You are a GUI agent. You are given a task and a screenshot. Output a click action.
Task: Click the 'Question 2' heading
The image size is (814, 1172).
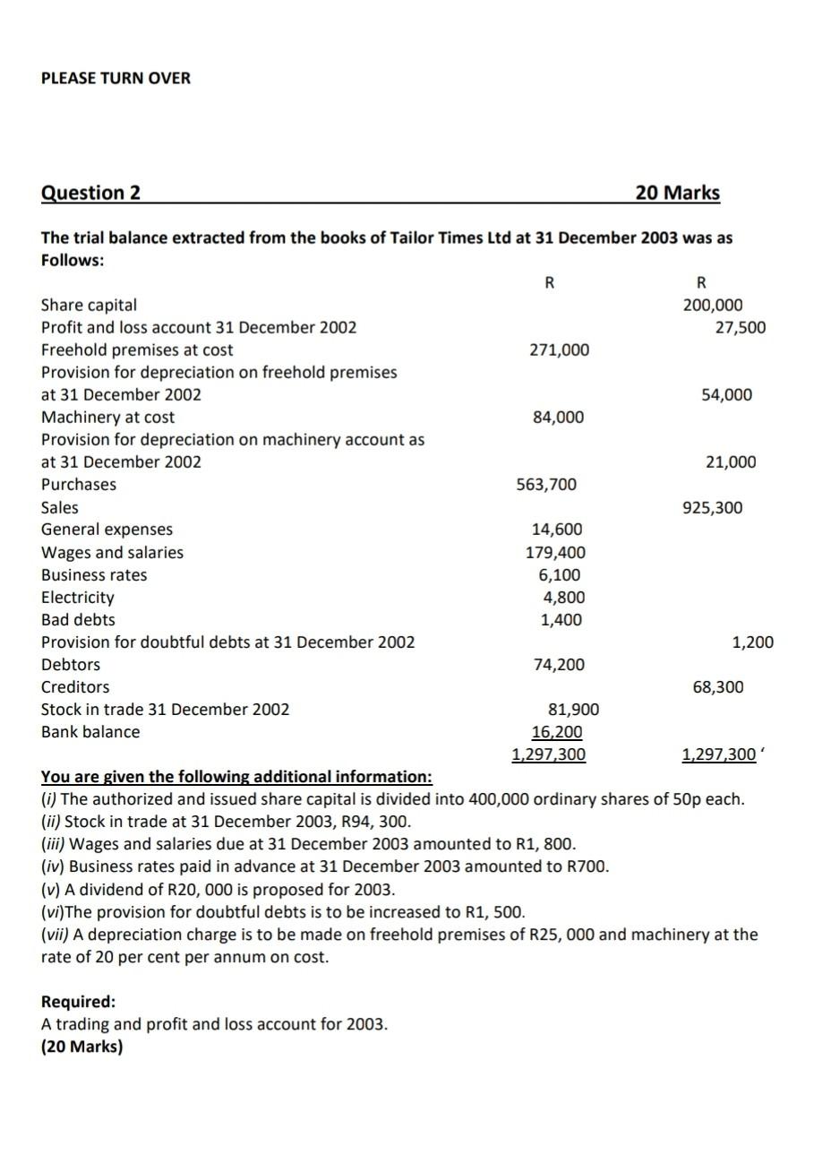pyautogui.click(x=90, y=193)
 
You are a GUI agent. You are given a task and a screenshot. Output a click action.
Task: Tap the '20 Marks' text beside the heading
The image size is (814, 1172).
pyautogui.click(x=677, y=193)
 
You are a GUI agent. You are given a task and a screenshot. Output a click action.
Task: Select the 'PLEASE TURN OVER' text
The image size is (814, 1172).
pyautogui.click(x=116, y=78)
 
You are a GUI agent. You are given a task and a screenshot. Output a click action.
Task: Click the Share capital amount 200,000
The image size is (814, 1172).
pyautogui.click(x=713, y=305)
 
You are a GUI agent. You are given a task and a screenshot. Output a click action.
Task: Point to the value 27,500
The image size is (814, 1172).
pyautogui.click(x=740, y=327)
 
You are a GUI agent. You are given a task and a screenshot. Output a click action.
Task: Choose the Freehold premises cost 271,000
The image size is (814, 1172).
pyautogui.click(x=560, y=349)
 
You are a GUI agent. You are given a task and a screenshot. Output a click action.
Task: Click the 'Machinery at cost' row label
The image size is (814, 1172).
pyautogui.click(x=108, y=418)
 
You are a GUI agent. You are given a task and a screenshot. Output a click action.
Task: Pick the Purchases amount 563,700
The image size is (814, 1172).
pyautogui.click(x=547, y=485)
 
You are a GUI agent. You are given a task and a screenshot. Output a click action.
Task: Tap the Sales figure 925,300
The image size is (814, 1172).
pyautogui.click(x=713, y=508)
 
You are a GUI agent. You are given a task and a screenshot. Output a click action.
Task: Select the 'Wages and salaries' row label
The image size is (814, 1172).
pyautogui.click(x=112, y=553)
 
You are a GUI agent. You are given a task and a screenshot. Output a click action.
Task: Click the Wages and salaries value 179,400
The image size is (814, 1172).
pyautogui.click(x=555, y=553)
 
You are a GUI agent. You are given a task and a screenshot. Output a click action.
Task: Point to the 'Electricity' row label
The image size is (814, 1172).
pyautogui.click(x=78, y=598)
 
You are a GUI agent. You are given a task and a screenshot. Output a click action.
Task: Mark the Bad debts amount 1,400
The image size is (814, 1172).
pyautogui.click(x=561, y=620)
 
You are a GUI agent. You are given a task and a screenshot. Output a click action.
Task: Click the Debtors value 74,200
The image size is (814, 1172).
pyautogui.click(x=558, y=665)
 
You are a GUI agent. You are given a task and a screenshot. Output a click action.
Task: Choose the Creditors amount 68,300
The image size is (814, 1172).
pyautogui.click(x=717, y=687)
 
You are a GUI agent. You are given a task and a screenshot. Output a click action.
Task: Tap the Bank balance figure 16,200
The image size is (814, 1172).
pyautogui.click(x=557, y=732)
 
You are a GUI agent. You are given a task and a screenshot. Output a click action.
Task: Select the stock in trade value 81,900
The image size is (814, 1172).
pyautogui.click(x=573, y=710)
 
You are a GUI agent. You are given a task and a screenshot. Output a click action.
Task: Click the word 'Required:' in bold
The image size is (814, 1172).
pyautogui.click(x=79, y=1001)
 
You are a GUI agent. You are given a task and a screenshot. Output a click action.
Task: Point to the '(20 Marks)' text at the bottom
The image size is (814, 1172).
pyautogui.click(x=81, y=1046)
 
